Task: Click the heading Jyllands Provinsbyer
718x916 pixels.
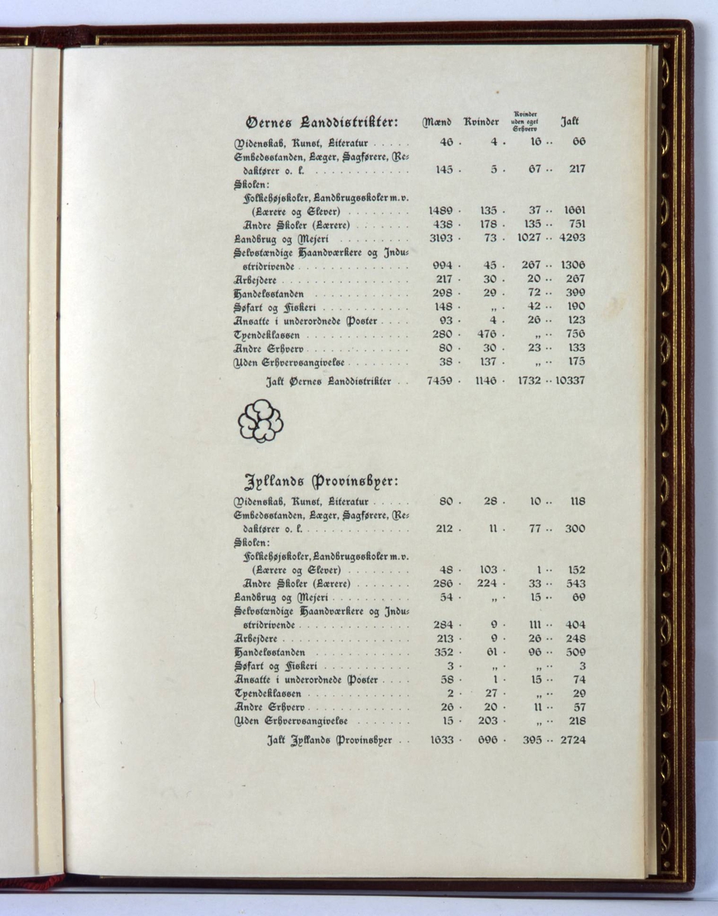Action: click(321, 482)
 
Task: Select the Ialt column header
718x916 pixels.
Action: click(570, 121)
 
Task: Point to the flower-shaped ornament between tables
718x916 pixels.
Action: click(260, 421)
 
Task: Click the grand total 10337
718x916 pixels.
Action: click(568, 380)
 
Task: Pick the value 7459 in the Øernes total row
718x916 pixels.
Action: click(442, 380)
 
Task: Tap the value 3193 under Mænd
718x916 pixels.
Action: click(441, 238)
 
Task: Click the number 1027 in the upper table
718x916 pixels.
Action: click(527, 238)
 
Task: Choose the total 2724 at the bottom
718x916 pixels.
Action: click(572, 740)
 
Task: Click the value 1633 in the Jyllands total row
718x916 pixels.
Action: click(442, 740)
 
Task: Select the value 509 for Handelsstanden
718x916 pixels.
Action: click(575, 653)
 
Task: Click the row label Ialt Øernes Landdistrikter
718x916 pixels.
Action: click(328, 381)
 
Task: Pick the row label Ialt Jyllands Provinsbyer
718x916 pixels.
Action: click(329, 740)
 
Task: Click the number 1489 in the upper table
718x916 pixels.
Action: click(441, 211)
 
